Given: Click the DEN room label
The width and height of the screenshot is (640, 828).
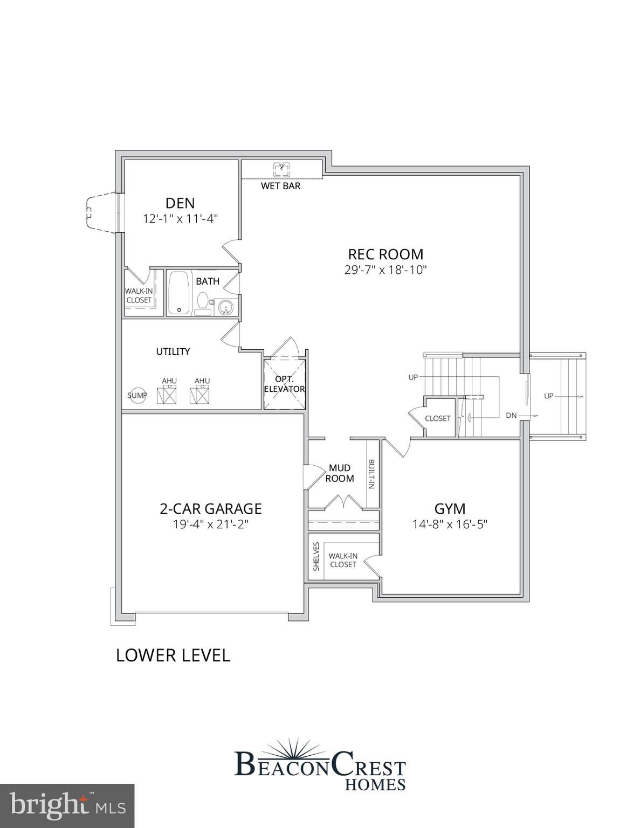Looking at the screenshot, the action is [x=180, y=203].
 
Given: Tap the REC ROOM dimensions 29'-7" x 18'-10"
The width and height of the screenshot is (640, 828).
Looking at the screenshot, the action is [x=386, y=270].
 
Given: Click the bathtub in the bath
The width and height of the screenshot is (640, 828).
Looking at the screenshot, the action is [x=179, y=293].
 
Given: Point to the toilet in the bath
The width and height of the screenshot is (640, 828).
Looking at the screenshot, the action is [x=203, y=304].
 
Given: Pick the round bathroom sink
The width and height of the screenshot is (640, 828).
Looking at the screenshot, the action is [x=225, y=307].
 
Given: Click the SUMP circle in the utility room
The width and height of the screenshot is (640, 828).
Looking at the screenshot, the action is [x=137, y=396].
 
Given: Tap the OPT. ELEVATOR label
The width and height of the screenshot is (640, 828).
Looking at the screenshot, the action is [x=285, y=384].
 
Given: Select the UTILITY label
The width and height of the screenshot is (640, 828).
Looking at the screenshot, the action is [x=173, y=351].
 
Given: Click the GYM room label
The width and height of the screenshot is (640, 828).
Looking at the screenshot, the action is [x=450, y=509].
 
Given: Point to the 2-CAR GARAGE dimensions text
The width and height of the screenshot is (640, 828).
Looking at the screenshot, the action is [x=211, y=525].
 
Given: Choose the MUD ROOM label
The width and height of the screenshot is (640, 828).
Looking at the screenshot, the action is [x=340, y=473].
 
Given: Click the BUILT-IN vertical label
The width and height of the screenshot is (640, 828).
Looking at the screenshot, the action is [x=372, y=474].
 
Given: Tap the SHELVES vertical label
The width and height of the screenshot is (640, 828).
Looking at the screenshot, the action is [x=316, y=557].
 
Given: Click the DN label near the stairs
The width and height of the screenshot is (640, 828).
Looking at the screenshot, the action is [x=511, y=415].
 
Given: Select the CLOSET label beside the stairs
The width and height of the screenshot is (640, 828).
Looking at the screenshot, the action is [x=438, y=418].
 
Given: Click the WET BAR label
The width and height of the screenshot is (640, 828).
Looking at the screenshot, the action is [x=281, y=186].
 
